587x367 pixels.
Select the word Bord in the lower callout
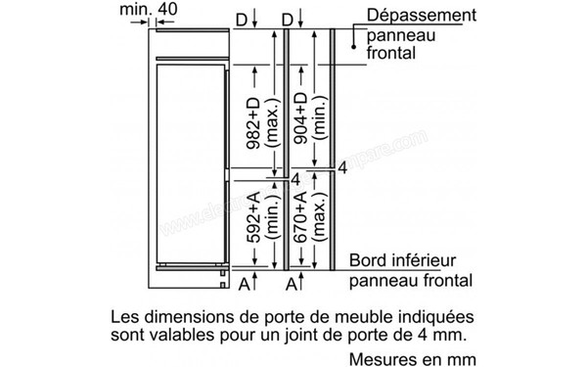[368, 261]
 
